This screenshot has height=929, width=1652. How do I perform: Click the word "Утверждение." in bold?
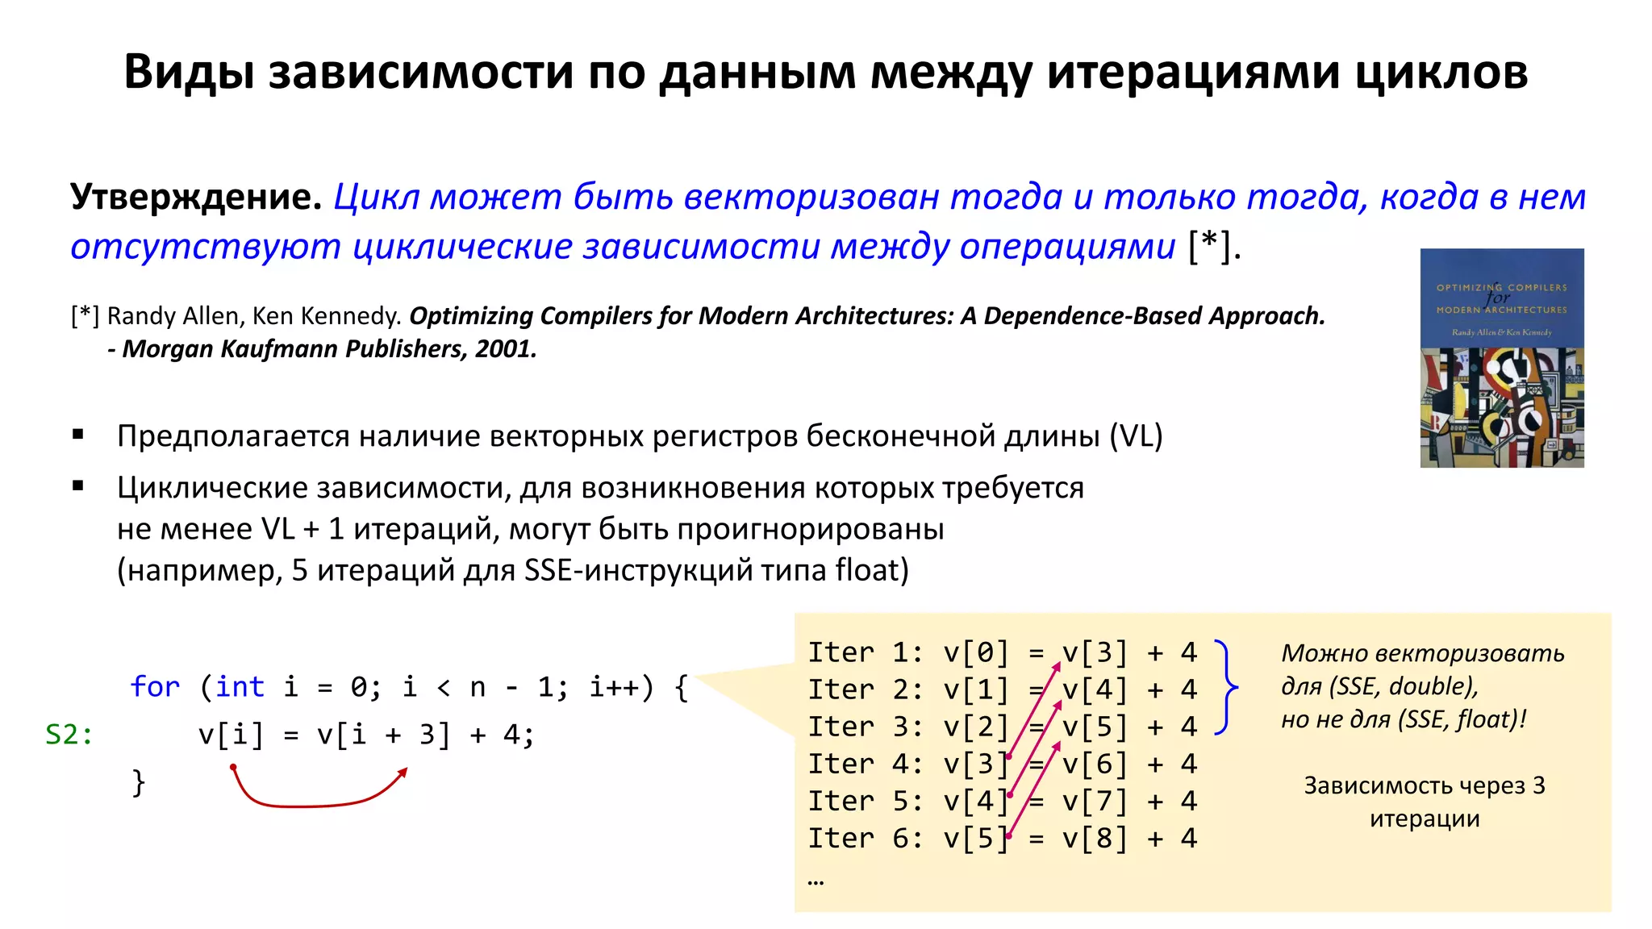196,197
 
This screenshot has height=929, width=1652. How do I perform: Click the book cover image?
1501,358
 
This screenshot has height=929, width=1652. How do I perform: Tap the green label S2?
69,735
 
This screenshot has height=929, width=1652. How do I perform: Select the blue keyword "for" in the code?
155,687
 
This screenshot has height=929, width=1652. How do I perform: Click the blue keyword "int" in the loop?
240,687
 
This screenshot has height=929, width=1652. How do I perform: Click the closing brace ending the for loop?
139,782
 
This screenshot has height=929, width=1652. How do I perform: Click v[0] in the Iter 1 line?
976,652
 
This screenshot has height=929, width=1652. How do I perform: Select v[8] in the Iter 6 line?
1095,839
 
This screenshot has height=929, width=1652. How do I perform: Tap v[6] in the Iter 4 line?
1095,764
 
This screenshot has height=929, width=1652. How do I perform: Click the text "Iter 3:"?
866,727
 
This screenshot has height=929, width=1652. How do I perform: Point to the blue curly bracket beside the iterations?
1226,688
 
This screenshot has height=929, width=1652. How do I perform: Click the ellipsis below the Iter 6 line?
816,881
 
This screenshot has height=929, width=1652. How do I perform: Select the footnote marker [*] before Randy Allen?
85,316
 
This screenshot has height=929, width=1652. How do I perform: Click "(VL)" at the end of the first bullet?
1136,436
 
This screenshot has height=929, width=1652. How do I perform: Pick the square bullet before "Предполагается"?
78,435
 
